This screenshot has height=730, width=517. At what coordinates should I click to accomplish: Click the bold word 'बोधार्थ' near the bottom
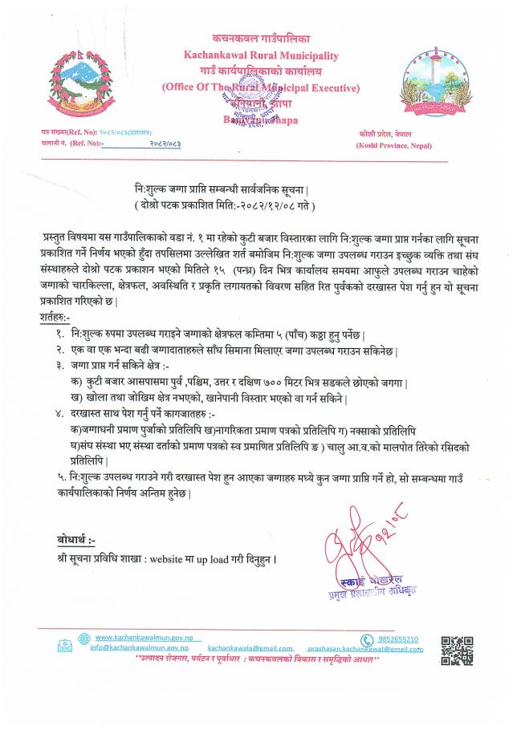pos(77,537)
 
